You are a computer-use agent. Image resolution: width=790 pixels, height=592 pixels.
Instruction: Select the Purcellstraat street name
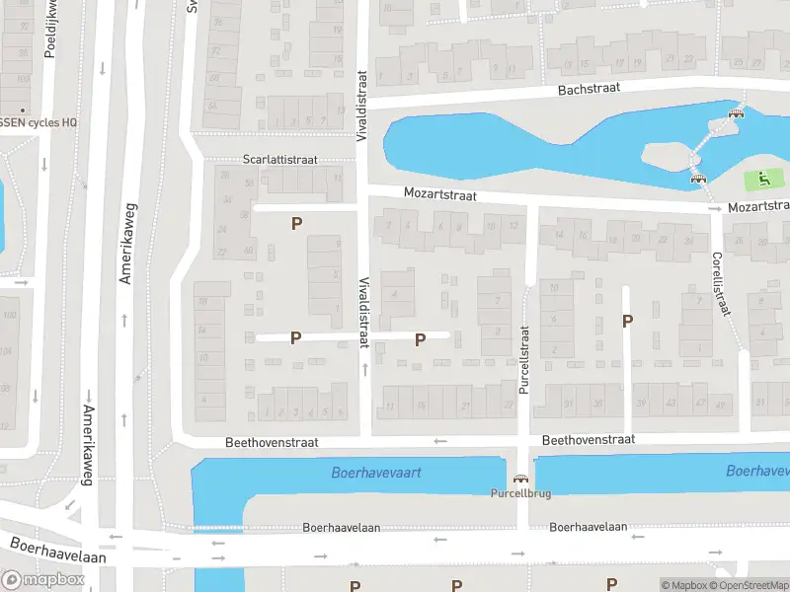[525, 360]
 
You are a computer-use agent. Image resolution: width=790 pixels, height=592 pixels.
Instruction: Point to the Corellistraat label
[720, 283]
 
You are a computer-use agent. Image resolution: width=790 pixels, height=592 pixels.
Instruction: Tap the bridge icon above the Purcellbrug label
[519, 478]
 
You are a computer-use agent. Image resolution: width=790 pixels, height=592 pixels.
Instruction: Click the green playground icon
[762, 180]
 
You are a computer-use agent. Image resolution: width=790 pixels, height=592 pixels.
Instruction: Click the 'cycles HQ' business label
[39, 122]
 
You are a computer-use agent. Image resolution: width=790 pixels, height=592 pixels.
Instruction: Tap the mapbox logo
[43, 579]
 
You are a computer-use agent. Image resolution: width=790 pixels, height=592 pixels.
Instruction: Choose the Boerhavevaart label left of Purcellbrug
[376, 473]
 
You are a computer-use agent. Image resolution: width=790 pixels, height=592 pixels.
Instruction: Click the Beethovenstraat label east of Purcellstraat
[589, 439]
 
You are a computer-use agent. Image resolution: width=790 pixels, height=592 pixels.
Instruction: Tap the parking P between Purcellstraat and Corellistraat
[626, 320]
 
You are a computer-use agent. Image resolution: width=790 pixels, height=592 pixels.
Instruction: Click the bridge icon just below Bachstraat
[735, 114]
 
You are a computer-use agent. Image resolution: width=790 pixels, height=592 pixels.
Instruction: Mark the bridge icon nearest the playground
[699, 180]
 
